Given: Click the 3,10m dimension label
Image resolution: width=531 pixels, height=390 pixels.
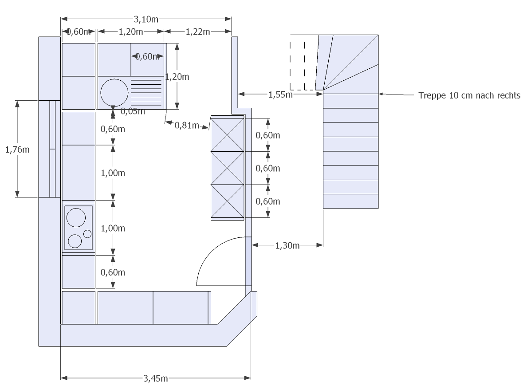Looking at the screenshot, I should pyautogui.click(x=146, y=19).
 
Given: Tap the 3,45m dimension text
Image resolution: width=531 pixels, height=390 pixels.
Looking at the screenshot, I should pyautogui.click(x=155, y=378).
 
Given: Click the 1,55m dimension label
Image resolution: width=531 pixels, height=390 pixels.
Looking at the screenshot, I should pyautogui.click(x=281, y=94).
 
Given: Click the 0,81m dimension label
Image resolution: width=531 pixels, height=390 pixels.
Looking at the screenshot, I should pyautogui.click(x=187, y=126).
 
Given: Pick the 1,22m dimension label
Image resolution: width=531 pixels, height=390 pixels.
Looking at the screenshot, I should pyautogui.click(x=198, y=32).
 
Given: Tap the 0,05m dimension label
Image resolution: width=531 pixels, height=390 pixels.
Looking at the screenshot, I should pyautogui.click(x=133, y=111).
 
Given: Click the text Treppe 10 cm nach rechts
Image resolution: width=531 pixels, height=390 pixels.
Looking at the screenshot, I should pyautogui.click(x=469, y=95).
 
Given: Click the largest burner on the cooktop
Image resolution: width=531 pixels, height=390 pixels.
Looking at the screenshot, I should pyautogui.click(x=76, y=217).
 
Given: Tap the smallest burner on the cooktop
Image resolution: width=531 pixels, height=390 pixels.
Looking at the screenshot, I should pyautogui.click(x=87, y=233).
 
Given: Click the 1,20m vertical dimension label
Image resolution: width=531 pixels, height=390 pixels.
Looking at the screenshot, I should pyautogui.click(x=177, y=77).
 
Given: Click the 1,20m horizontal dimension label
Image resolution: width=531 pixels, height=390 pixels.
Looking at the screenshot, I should pyautogui.click(x=131, y=32).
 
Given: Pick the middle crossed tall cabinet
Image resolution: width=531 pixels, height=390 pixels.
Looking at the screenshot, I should pyautogui.click(x=228, y=168).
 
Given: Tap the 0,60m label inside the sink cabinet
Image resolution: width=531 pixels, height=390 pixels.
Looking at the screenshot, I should pyautogui.click(x=147, y=56).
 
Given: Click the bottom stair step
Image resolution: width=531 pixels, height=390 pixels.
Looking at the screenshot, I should pyautogui.click(x=350, y=201).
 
